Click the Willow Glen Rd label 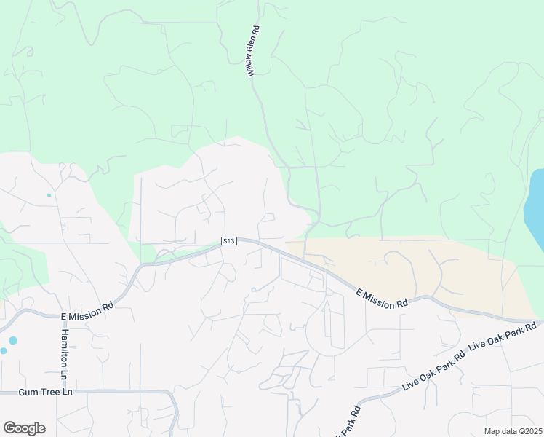pos(253,53)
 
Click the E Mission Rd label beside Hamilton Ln pos(87,312)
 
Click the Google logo pos(24,428)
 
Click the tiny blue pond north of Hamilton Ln pos(49,194)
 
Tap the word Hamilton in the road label pos(64,342)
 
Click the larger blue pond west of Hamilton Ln pos(12,340)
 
